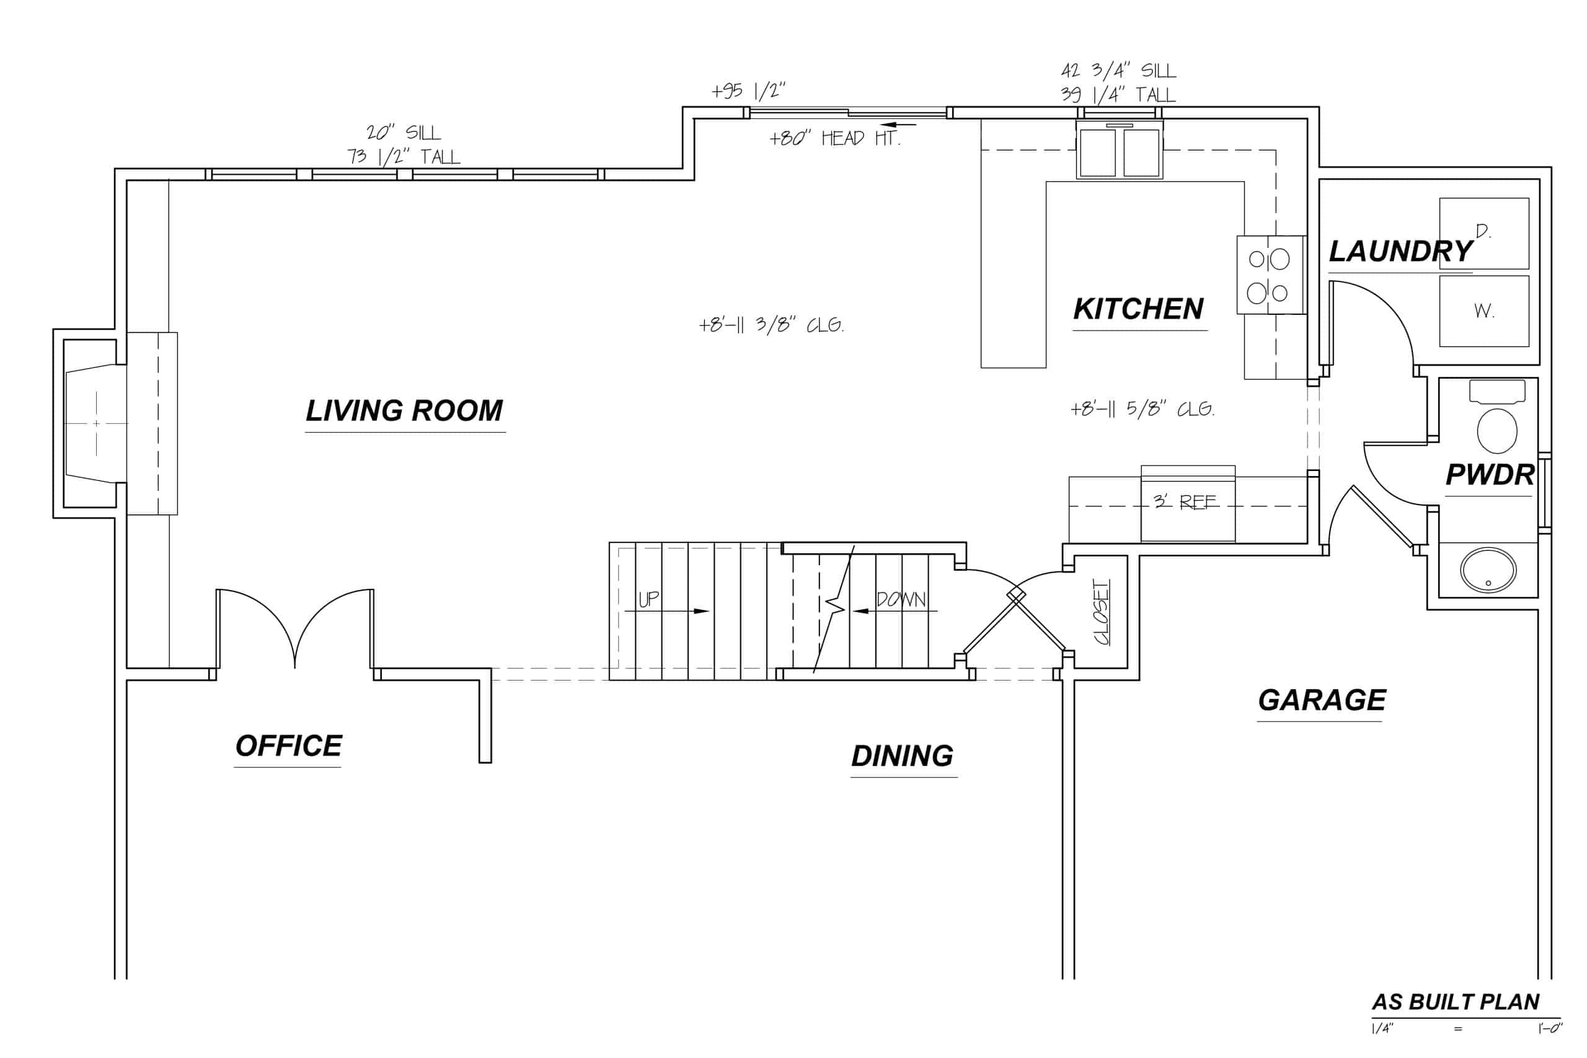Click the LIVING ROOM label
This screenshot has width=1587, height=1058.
click(404, 411)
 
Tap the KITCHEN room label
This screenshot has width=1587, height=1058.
click(1138, 309)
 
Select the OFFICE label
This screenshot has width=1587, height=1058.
click(288, 746)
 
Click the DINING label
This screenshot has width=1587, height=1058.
click(902, 756)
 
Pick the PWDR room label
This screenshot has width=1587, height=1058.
click(1489, 475)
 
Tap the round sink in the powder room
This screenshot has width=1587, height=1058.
click(1488, 570)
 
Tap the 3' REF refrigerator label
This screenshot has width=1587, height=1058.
click(1184, 501)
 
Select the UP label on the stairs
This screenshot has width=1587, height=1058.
click(648, 599)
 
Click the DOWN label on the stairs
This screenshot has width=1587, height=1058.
click(901, 599)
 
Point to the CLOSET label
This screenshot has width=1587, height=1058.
click(1101, 611)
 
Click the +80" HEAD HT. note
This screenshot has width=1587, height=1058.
click(834, 138)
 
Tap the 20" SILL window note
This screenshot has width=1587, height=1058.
click(403, 132)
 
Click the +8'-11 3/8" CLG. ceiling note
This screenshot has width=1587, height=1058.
click(771, 325)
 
